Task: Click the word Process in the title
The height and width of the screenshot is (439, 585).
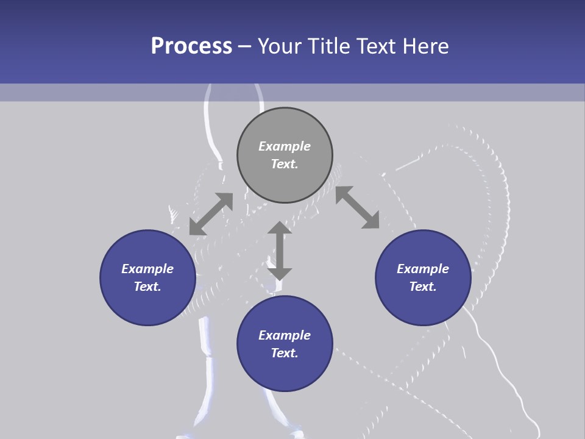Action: pos(191,46)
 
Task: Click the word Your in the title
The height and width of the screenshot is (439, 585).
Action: pos(280,46)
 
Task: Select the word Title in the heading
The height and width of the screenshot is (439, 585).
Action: pos(328,46)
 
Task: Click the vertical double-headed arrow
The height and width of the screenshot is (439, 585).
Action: pos(280,251)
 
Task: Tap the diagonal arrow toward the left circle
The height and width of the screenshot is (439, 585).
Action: pos(211,214)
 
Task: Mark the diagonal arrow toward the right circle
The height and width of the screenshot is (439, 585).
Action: pos(357,207)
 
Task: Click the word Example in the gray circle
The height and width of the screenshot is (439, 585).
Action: pos(285,146)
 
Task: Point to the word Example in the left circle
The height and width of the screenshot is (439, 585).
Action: pos(147,269)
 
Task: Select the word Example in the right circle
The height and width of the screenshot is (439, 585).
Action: pos(423,269)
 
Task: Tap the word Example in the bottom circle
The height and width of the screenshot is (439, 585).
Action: pos(285,335)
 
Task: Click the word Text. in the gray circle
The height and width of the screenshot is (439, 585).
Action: pos(285,164)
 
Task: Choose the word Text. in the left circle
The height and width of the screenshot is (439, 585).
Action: pos(147,287)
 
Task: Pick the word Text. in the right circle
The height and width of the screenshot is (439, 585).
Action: pos(423,287)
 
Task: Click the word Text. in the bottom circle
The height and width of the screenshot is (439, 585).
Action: pos(285,353)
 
